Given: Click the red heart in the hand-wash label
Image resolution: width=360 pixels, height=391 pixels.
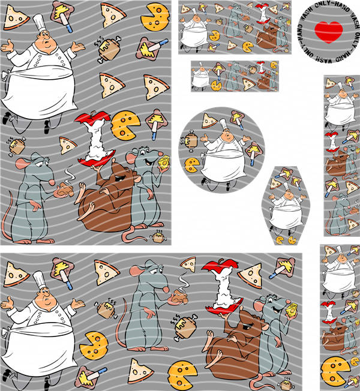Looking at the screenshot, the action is point(329,32).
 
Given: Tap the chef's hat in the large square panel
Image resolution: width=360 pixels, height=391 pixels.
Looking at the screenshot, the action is point(39,22).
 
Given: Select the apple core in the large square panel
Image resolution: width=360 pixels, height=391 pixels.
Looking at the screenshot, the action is point(95,139).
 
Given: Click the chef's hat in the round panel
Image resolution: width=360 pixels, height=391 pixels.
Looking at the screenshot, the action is point(223,124).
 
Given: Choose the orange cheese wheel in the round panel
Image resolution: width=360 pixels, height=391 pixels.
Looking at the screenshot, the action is point(191,165).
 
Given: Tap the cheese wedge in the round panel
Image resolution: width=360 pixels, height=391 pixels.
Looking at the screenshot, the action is point(209,121).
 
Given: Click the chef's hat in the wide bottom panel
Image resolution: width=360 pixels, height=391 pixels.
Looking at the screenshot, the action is point(40,280).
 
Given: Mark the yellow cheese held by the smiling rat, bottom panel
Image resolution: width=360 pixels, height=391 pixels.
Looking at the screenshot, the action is point(292,311).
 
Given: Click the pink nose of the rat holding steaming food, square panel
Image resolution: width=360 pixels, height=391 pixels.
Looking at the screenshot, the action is point(52,182).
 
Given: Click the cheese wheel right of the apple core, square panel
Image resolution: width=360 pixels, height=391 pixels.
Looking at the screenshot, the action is point(125,126).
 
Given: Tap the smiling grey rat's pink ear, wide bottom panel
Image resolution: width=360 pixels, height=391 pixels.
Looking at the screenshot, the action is point(259,306).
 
